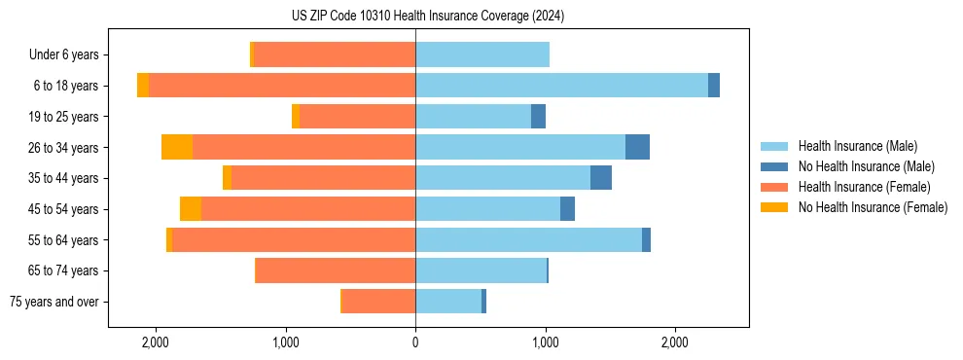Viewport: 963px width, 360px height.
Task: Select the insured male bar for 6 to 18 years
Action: coord(561,86)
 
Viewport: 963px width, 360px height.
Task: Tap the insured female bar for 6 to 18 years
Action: coord(282,86)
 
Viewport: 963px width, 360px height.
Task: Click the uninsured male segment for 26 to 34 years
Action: coord(637,147)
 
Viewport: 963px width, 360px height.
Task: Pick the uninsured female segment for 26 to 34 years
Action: coord(177,147)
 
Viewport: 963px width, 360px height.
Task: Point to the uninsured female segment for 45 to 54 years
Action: coord(191,209)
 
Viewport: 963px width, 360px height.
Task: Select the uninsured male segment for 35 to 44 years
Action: coord(601,178)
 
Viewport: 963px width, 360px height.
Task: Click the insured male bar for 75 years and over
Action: coord(448,302)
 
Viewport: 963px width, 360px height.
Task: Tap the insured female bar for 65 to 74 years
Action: coord(336,270)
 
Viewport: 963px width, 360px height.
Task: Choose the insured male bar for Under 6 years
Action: coord(482,54)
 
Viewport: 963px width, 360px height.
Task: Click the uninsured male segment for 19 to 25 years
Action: coord(538,117)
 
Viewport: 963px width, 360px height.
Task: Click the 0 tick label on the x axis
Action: coord(415,342)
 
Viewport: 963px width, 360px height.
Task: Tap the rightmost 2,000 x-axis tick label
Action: coord(675,342)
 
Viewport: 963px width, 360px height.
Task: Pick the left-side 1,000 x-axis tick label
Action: coord(286,342)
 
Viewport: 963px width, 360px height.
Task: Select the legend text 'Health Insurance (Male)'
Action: coord(857,146)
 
